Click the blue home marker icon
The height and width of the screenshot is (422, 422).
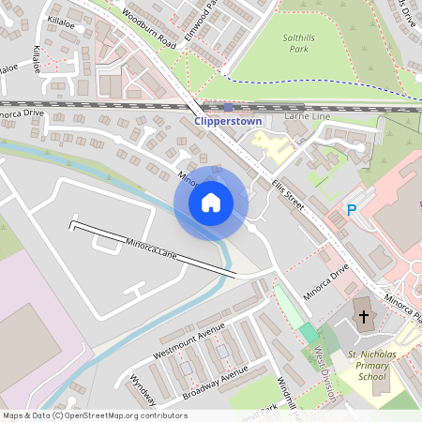[211, 203]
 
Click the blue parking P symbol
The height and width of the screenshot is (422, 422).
[352, 210]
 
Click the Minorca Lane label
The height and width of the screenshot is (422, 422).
[151, 249]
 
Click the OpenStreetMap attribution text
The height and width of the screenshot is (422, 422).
[83, 414]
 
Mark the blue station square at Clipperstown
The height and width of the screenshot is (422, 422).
[228, 107]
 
